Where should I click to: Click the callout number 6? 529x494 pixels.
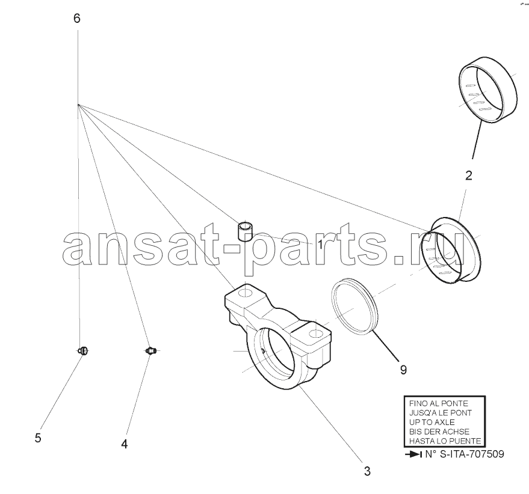[x=77, y=18]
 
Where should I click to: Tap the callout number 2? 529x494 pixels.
[x=469, y=175]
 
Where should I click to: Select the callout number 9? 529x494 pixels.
[x=403, y=370]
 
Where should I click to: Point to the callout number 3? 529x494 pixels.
[x=367, y=471]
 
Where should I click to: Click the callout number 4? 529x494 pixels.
[x=125, y=444]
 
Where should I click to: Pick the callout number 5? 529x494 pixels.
[x=38, y=438]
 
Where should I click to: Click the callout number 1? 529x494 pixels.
[x=320, y=245]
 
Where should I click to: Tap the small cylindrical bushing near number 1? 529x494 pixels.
[x=246, y=231]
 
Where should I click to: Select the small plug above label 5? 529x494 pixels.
[x=83, y=351]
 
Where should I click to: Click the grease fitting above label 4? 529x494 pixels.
[x=150, y=351]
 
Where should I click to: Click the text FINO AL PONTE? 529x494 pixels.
[x=438, y=403]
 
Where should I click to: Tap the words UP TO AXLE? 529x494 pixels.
[x=432, y=422]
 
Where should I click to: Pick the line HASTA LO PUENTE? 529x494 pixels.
[x=445, y=441]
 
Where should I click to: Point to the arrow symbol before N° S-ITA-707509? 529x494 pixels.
[x=413, y=454]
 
